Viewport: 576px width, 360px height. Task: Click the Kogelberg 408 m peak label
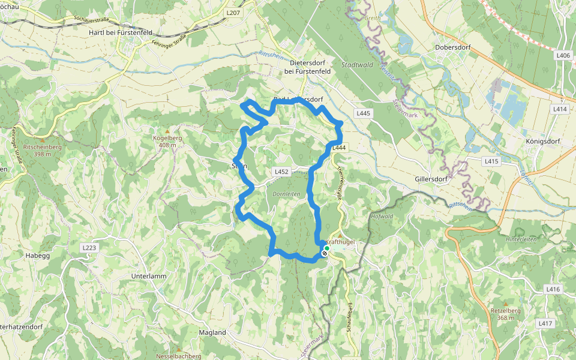tap(164, 142)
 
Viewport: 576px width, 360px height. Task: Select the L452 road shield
tap(281, 172)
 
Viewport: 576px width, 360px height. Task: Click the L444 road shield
tap(339, 148)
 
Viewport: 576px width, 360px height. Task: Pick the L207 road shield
tap(233, 12)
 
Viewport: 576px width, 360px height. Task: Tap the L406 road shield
tap(563, 55)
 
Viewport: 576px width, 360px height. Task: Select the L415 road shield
tap(491, 161)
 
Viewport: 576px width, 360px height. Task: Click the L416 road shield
tap(553, 289)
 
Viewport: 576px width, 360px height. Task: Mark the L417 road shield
tap(545, 323)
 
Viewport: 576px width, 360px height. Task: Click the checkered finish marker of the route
tap(325, 254)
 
